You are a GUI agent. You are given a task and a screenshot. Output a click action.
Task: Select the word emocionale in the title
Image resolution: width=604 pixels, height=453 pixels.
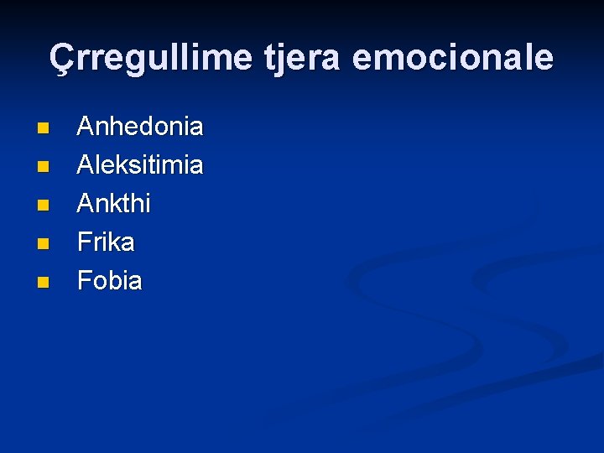point(453,58)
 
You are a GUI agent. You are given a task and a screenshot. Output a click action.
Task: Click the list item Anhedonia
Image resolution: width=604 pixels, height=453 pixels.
point(140,127)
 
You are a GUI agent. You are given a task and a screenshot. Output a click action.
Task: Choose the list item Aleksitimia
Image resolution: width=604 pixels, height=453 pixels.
point(140,165)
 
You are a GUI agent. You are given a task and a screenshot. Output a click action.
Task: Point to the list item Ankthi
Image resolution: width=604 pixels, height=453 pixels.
point(114,204)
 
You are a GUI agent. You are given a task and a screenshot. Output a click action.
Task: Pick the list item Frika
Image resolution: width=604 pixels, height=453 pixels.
point(106,242)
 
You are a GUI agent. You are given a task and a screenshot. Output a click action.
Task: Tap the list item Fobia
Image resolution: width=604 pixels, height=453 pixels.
point(110,281)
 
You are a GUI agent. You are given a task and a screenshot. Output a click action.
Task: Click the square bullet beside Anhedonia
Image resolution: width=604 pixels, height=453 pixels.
point(43,128)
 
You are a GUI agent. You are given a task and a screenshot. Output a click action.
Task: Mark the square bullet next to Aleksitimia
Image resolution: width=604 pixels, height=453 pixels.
point(43,167)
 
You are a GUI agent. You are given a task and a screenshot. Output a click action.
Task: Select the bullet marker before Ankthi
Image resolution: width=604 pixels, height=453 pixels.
point(43,206)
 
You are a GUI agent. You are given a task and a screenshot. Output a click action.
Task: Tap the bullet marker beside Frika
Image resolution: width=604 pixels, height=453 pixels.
point(43,244)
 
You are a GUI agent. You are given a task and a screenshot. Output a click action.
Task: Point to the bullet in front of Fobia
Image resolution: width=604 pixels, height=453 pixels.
point(43,283)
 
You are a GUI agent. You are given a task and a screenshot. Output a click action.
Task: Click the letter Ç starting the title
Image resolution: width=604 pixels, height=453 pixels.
point(60,58)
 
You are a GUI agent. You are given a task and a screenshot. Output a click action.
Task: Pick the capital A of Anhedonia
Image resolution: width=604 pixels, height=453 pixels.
point(86,127)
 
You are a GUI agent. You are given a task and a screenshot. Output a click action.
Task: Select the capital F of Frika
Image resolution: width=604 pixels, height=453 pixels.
point(84,242)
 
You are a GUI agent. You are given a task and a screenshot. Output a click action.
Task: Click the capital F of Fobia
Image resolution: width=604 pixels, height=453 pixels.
point(84,281)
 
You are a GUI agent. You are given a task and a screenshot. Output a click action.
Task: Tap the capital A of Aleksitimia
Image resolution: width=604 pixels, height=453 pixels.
point(86,165)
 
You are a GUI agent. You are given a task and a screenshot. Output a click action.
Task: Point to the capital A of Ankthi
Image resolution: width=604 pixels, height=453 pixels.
point(86,204)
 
